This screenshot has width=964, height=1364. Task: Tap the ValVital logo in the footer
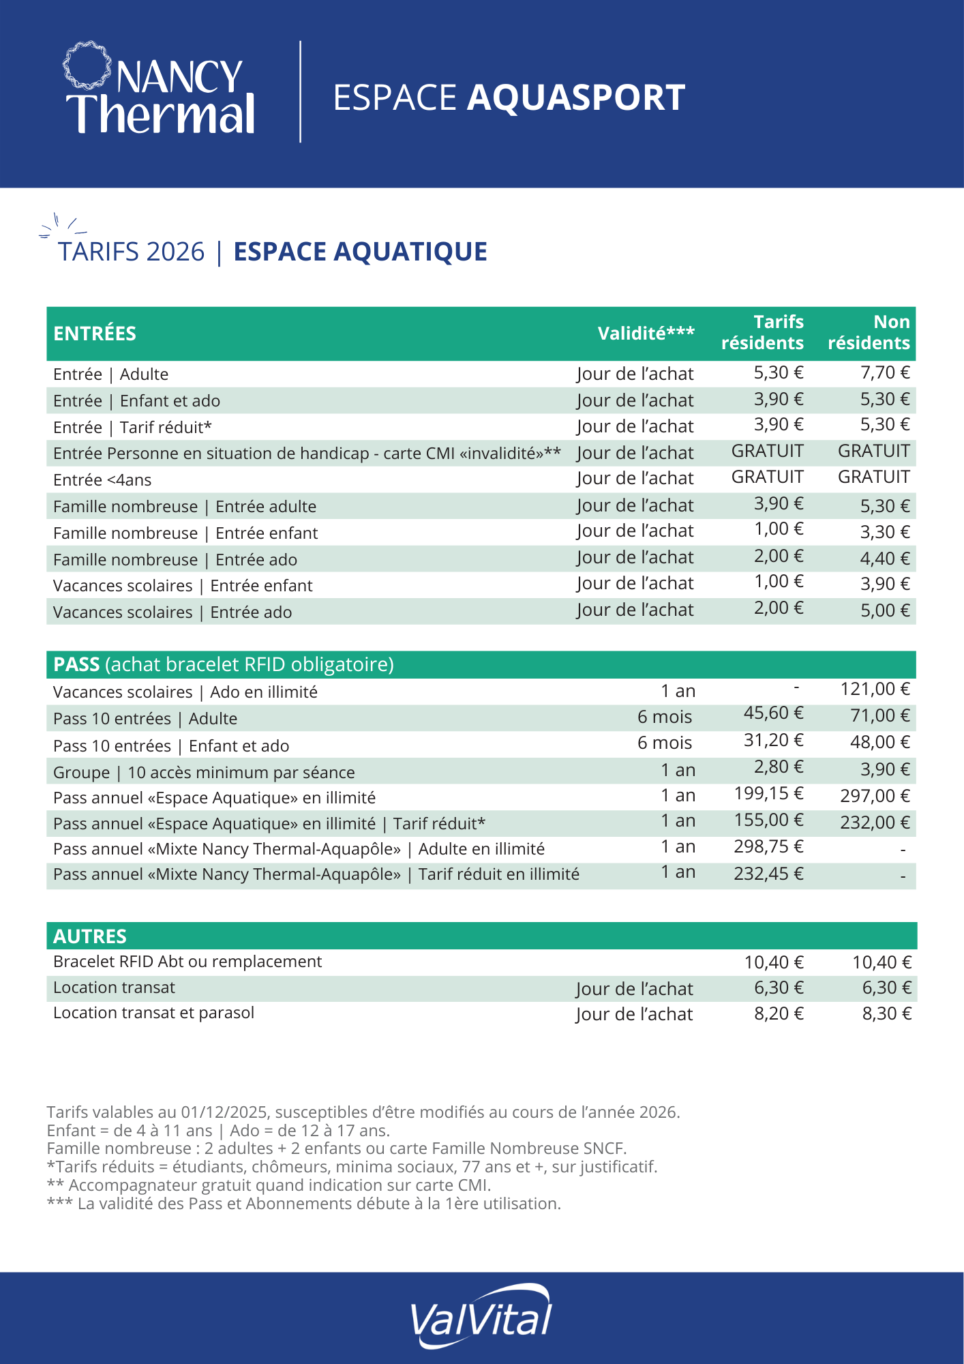(481, 1316)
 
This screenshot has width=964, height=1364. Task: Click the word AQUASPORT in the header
(576, 98)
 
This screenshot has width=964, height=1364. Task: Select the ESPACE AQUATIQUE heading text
(360, 252)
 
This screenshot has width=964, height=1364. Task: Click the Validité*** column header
(646, 333)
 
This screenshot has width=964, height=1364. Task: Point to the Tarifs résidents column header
(762, 332)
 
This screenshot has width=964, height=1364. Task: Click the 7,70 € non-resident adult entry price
(885, 372)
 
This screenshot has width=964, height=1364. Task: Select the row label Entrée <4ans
(102, 480)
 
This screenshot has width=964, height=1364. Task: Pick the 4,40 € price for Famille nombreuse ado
(885, 559)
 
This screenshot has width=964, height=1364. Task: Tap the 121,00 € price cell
(875, 689)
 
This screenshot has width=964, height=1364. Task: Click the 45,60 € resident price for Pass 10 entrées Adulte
(773, 713)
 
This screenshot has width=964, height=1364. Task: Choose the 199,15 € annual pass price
(768, 794)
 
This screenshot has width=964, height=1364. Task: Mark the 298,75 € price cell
(768, 847)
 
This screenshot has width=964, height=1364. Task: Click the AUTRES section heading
(90, 936)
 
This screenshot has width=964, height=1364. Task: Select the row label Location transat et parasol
(153, 1013)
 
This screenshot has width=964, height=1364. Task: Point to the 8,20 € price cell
(779, 1013)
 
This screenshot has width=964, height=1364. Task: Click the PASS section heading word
(76, 664)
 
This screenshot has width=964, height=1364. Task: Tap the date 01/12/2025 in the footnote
(225, 1112)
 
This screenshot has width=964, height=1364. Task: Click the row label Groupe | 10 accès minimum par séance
(204, 773)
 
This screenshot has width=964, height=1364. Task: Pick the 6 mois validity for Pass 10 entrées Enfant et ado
(665, 743)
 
